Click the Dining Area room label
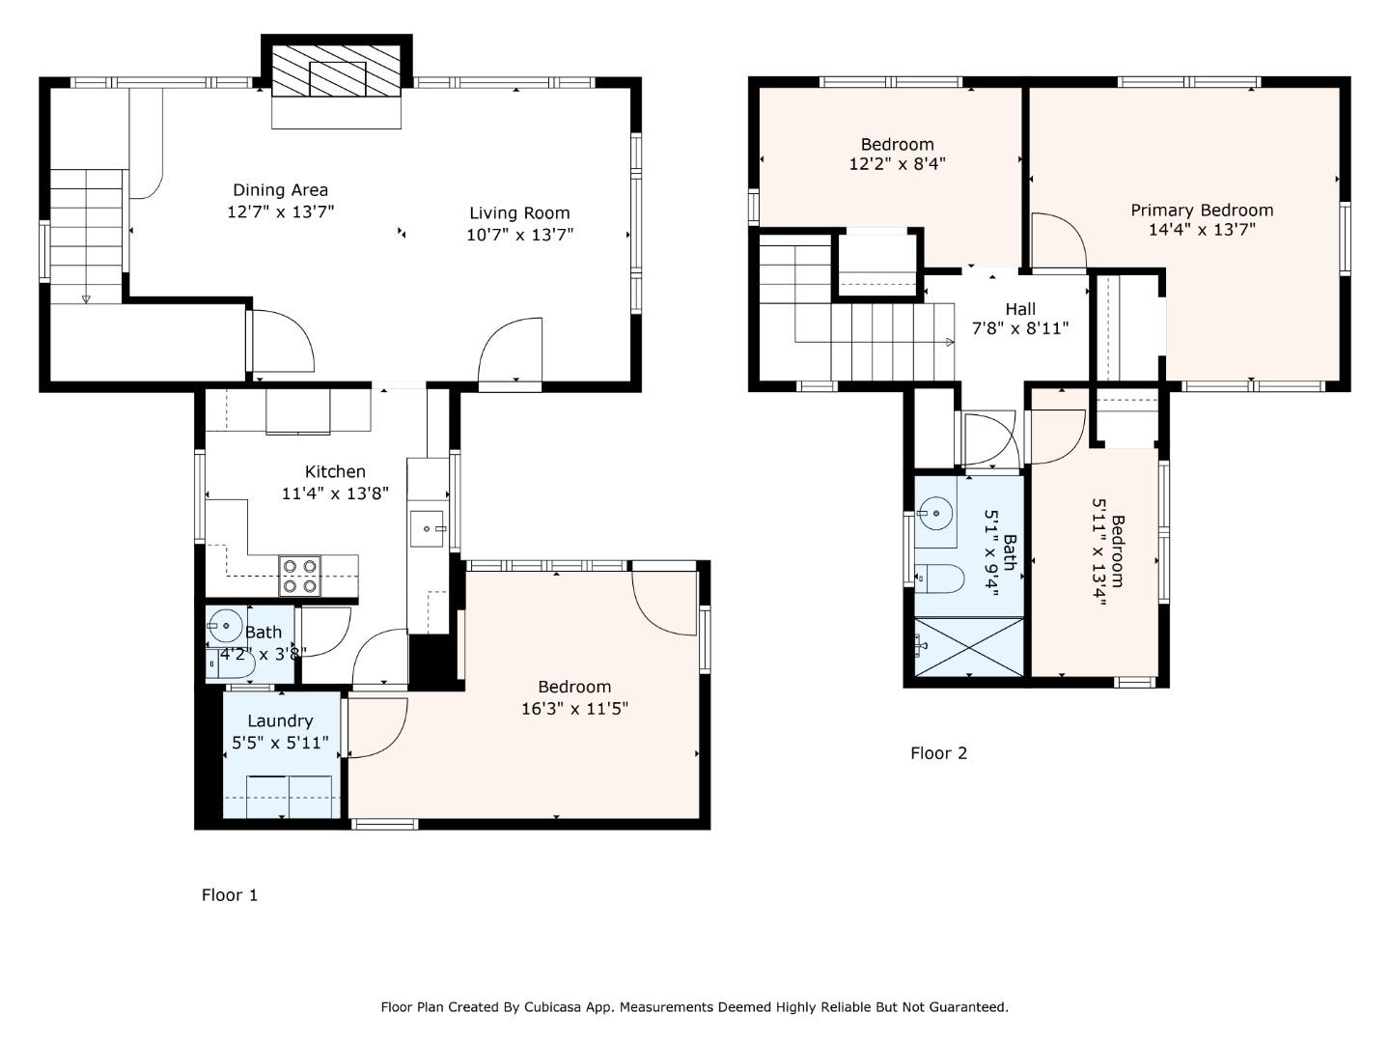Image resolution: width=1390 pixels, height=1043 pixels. pos(281,190)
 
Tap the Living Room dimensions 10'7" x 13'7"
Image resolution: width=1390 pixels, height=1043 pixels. pos(520,235)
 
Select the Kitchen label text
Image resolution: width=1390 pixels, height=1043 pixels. pos(335,472)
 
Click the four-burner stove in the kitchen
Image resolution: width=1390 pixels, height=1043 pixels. pos(299,576)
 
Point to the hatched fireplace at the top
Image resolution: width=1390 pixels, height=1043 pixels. pos(336,70)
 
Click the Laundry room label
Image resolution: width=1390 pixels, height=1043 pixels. pos(281,720)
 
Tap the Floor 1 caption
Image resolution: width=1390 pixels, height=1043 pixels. pos(230,895)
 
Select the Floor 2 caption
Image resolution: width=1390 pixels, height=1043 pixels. pos(938,753)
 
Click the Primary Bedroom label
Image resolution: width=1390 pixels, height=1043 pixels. pos(1202,211)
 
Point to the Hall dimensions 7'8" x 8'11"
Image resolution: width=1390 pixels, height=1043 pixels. pos(1020,328)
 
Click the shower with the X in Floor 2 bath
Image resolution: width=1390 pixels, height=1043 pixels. pos(969,647)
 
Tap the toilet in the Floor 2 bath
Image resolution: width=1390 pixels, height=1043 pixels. pos(939,578)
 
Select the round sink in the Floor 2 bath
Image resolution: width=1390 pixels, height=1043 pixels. pos(935,512)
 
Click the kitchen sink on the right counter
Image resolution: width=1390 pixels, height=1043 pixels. pos(428,528)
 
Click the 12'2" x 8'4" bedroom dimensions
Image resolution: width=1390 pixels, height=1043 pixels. pos(897,164)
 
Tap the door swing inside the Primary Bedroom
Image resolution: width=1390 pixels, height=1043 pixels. pos(1059,240)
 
